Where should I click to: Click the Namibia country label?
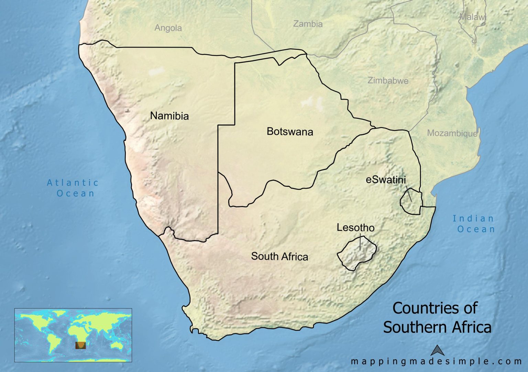[x=169, y=116]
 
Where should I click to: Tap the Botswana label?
[x=290, y=132]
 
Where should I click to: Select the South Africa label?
[x=279, y=256]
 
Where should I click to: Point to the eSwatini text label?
[x=386, y=180]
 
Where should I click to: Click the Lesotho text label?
[x=355, y=228]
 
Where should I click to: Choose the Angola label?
[x=168, y=28]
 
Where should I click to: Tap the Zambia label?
[x=308, y=24]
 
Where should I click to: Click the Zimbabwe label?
[x=388, y=81]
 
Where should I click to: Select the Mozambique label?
[x=452, y=133]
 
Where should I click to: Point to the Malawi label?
[x=473, y=17]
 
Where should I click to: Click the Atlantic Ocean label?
[x=73, y=188]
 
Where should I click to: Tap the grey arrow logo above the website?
[x=438, y=350]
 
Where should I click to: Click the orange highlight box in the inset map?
[x=80, y=345]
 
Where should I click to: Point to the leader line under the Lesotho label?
[x=360, y=242]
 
